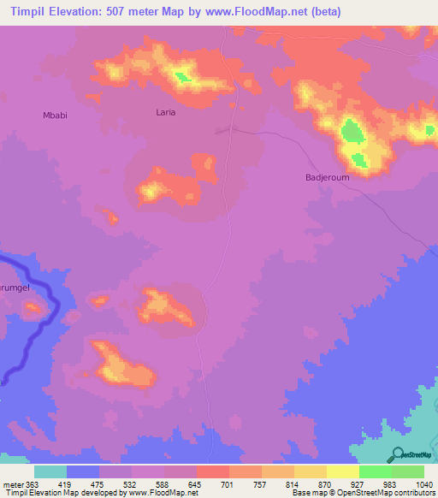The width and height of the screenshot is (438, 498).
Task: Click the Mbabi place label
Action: point(55,115)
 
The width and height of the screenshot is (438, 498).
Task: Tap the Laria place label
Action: point(166,112)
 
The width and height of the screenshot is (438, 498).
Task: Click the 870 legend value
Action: point(326,483)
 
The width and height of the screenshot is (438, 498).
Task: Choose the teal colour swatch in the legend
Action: point(50,471)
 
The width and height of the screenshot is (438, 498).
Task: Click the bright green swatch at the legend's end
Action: point(408,471)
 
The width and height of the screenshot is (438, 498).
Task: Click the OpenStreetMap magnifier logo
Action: point(396,455)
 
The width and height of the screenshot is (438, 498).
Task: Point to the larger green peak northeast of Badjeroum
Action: point(352,132)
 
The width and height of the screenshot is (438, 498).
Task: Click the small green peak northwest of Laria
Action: point(181,78)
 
